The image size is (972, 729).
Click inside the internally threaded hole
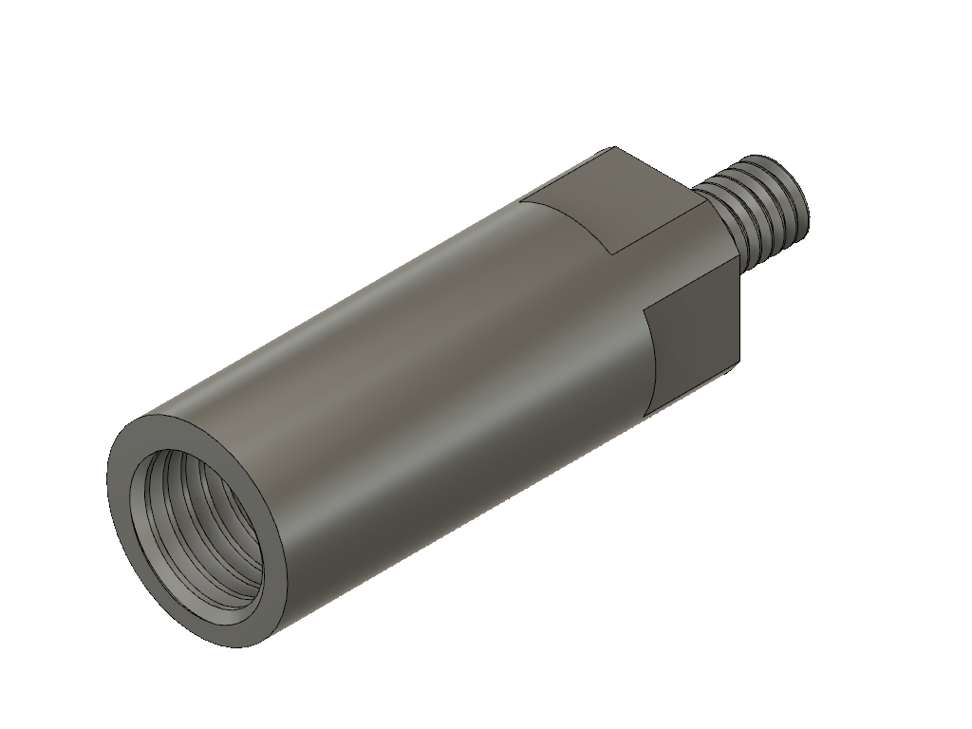point(204,536)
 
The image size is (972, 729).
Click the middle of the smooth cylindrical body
point(399,380)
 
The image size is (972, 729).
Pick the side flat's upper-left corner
point(646,310)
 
